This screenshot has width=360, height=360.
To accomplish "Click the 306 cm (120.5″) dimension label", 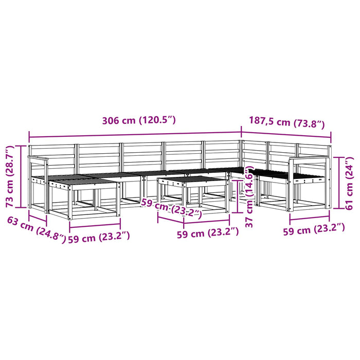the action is [139, 120].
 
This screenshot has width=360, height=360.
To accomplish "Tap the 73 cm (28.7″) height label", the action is [9, 176].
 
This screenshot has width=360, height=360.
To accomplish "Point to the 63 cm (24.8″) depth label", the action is [37, 229].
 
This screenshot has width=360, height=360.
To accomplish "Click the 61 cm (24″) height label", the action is [349, 183].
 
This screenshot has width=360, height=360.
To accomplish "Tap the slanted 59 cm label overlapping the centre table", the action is [171, 208].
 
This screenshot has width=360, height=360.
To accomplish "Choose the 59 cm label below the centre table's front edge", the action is [208, 233].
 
